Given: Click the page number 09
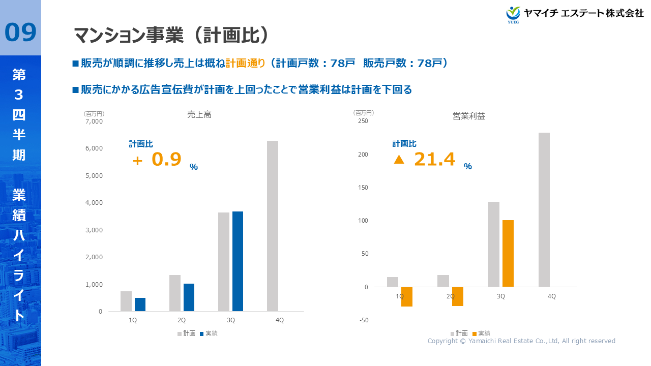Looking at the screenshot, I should [x=20, y=32].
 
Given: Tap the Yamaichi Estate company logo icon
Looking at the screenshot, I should [x=514, y=14].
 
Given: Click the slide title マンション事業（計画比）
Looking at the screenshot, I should [x=171, y=35].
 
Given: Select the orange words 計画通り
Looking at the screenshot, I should [x=246, y=63].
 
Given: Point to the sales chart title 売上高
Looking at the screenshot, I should [x=199, y=115].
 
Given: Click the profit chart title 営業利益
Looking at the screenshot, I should [x=469, y=116].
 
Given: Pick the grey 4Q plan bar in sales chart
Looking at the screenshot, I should [x=273, y=226].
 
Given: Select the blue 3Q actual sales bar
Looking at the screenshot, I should [x=238, y=261].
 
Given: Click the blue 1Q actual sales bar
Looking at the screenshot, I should [x=140, y=304].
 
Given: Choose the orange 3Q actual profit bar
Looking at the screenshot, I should [x=508, y=253].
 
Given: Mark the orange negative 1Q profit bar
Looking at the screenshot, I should [x=406, y=297].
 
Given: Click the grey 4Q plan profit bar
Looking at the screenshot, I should [x=544, y=209].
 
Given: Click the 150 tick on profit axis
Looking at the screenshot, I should [x=362, y=188].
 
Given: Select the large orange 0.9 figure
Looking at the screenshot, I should [x=166, y=160].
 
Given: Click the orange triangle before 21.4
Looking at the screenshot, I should [x=399, y=160].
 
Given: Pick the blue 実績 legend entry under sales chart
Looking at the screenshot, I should [x=209, y=333].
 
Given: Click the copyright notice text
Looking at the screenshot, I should [x=521, y=341].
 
